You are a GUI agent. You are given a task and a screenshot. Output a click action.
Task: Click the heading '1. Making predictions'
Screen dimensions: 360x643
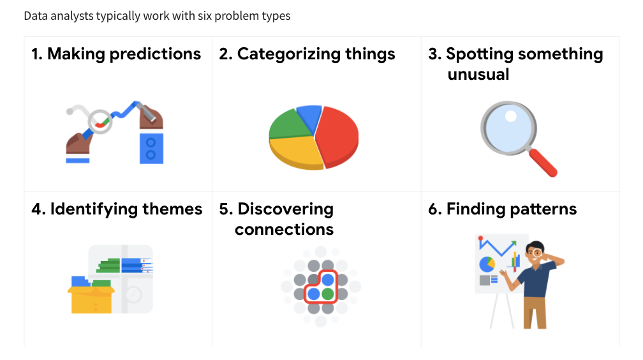click(x=116, y=54)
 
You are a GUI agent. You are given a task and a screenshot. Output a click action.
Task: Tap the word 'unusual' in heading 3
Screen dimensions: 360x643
click(x=478, y=75)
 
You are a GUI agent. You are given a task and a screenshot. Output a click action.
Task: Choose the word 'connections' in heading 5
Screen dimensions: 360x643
click(x=284, y=229)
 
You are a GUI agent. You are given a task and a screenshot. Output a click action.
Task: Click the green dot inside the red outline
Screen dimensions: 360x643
click(x=328, y=294)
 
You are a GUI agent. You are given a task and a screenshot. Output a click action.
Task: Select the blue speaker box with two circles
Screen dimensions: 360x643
click(x=151, y=148)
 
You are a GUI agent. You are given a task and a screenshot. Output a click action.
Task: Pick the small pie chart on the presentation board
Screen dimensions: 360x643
click(x=487, y=264)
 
